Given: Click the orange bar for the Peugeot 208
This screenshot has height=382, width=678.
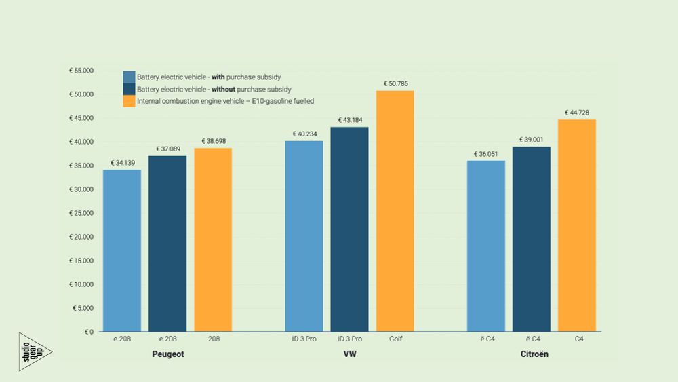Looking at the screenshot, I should pos(213,240).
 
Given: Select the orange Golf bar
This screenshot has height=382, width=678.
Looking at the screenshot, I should pos(395,211).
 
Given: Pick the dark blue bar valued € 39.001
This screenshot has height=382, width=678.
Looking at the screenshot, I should pos(531,239).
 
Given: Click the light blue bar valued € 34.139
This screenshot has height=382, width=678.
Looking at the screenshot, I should pos(122,250).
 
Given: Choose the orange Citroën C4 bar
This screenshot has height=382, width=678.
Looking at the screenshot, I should pos(577,225).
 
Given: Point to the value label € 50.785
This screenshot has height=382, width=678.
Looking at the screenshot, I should pos(395,84).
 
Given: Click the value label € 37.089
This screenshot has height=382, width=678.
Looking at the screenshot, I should pos(167,149).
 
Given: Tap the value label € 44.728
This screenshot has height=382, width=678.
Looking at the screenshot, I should pos(577,113).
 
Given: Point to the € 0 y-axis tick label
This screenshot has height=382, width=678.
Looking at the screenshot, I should pos(89,332).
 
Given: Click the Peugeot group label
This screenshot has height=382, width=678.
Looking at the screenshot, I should pos(168,354).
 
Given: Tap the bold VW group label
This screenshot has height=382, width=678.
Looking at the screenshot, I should pos(350,354).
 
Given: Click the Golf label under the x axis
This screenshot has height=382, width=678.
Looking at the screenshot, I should pos(395,339).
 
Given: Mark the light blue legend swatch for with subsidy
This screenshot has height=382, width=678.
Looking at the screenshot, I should pos(129,77).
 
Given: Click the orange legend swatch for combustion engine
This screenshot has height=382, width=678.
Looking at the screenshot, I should pos(129,101).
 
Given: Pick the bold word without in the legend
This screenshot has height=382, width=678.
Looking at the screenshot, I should pos(224,89).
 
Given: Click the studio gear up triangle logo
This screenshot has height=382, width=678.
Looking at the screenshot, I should pos(32,351).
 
